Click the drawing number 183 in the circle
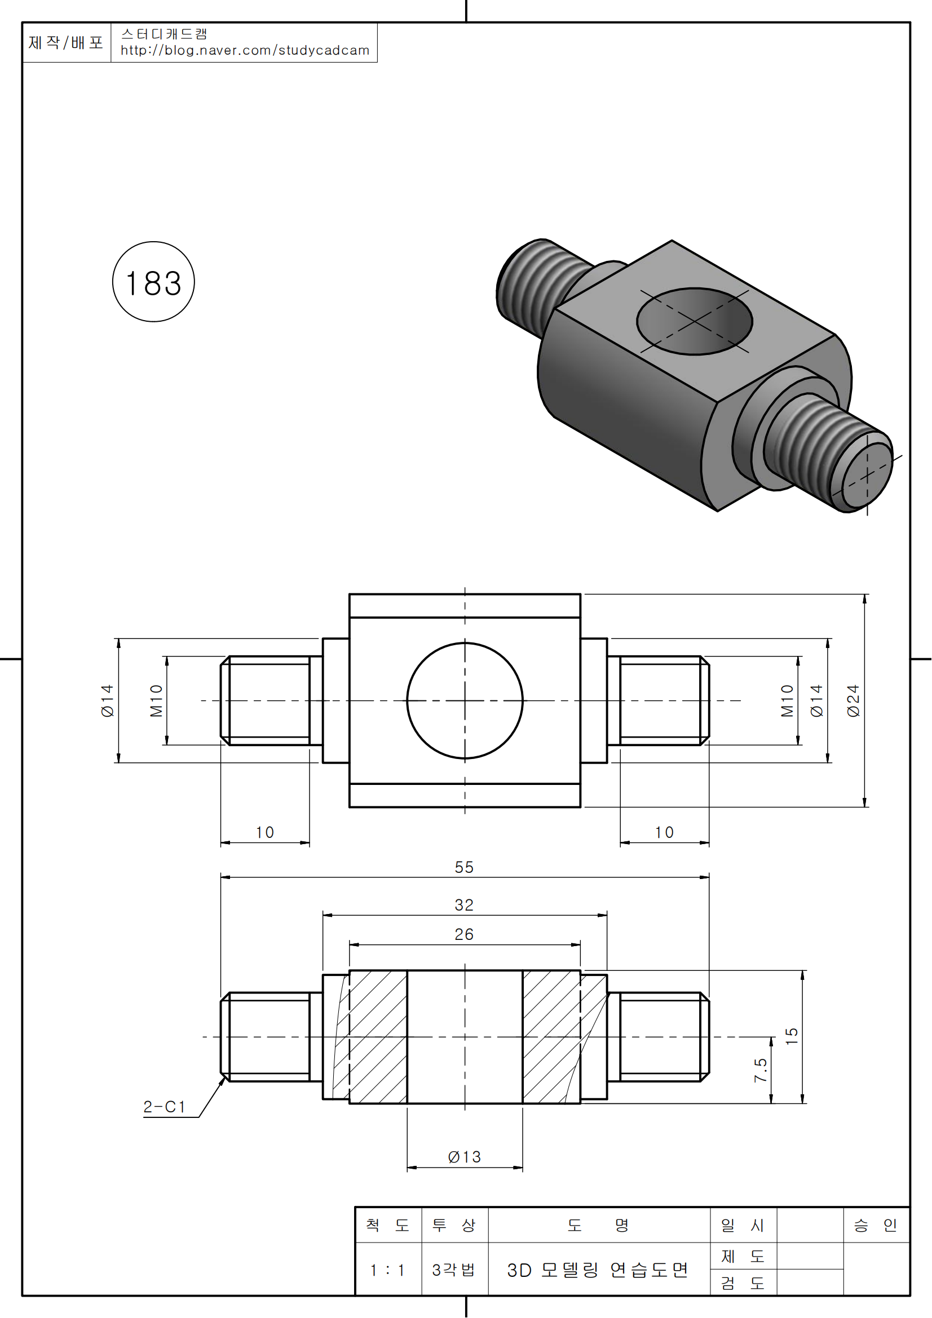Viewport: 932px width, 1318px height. [x=153, y=283]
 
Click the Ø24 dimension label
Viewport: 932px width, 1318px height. [x=853, y=701]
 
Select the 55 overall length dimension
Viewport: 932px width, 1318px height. [x=464, y=867]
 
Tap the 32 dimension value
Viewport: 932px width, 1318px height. [x=464, y=906]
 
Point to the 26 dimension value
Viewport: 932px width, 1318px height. [x=464, y=934]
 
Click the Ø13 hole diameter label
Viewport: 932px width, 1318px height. [x=464, y=1157]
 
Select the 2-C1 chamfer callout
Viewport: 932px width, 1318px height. [x=164, y=1107]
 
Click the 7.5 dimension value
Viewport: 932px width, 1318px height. [x=760, y=1071]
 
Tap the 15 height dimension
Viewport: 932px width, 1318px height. [x=791, y=1036]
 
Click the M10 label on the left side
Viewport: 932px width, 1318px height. [x=156, y=701]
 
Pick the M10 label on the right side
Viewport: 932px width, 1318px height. [x=787, y=701]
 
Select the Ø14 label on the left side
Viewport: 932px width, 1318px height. [x=107, y=701]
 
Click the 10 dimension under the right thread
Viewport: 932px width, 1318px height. [x=664, y=832]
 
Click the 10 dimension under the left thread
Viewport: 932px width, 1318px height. [x=265, y=832]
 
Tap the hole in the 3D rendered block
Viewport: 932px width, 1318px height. [x=694, y=321]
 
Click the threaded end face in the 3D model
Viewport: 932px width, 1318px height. [x=867, y=476]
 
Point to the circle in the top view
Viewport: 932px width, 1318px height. [x=465, y=701]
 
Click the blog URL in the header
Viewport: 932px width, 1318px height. [x=245, y=51]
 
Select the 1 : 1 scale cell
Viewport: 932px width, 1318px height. [x=387, y=1270]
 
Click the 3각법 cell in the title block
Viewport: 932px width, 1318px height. [x=454, y=1270]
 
